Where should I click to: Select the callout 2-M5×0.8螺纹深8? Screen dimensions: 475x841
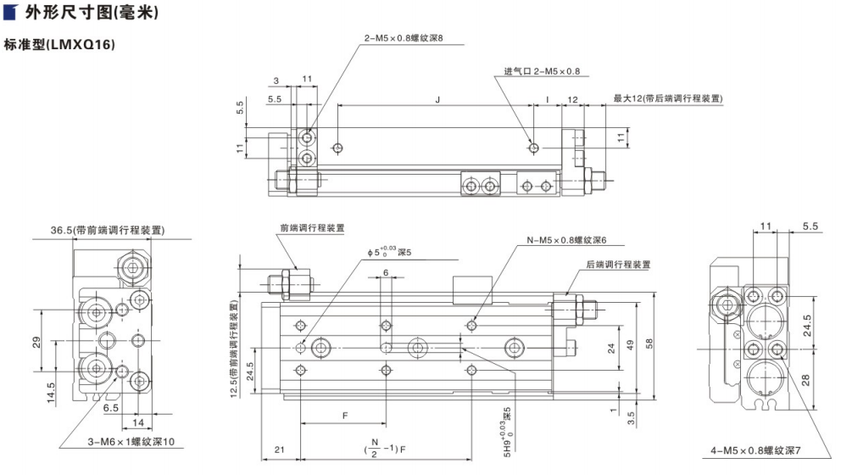point(404,38)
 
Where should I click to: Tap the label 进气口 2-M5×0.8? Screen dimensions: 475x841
point(543,71)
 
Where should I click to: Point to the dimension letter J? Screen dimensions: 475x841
point(437,99)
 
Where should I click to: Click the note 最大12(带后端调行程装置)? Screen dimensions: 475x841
point(668,98)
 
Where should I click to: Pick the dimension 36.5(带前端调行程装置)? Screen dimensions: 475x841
point(108,230)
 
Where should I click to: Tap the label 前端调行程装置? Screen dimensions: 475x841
point(313,228)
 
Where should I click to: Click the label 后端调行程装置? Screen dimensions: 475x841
point(619,265)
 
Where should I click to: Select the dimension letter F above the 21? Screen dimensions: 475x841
point(344,416)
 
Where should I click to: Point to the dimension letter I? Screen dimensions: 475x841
point(547,99)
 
